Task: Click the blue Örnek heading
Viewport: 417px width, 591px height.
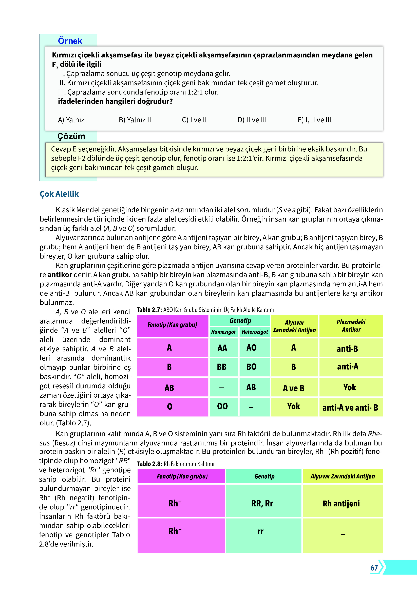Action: (x=70, y=41)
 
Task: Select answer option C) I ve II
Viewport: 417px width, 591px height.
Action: (x=194, y=120)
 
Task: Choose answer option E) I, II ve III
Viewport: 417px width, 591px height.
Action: (x=314, y=120)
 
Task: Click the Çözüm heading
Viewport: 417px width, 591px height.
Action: (x=71, y=136)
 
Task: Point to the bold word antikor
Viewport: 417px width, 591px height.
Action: (x=60, y=275)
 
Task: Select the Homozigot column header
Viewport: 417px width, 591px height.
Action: (x=223, y=332)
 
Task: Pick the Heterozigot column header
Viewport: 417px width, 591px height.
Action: (x=255, y=332)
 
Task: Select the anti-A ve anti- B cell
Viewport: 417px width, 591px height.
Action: (x=350, y=408)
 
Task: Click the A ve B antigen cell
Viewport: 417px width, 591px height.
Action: (x=293, y=388)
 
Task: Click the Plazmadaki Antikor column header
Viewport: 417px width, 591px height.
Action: (x=351, y=326)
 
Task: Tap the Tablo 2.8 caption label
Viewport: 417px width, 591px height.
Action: (x=149, y=464)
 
